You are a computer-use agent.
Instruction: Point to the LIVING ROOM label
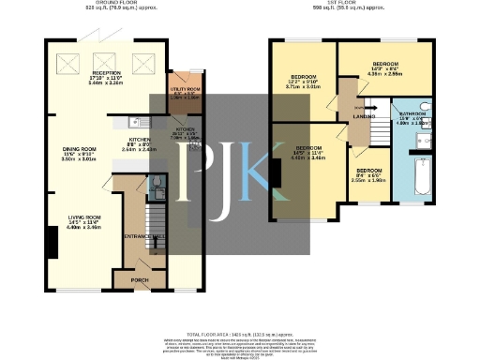(x=84, y=217)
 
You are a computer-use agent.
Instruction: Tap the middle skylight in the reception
(x=106, y=63)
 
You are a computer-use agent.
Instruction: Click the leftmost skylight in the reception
(x=69, y=63)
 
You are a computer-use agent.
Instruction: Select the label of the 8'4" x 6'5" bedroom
(x=368, y=171)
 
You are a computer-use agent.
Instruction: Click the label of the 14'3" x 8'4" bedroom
(x=386, y=66)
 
